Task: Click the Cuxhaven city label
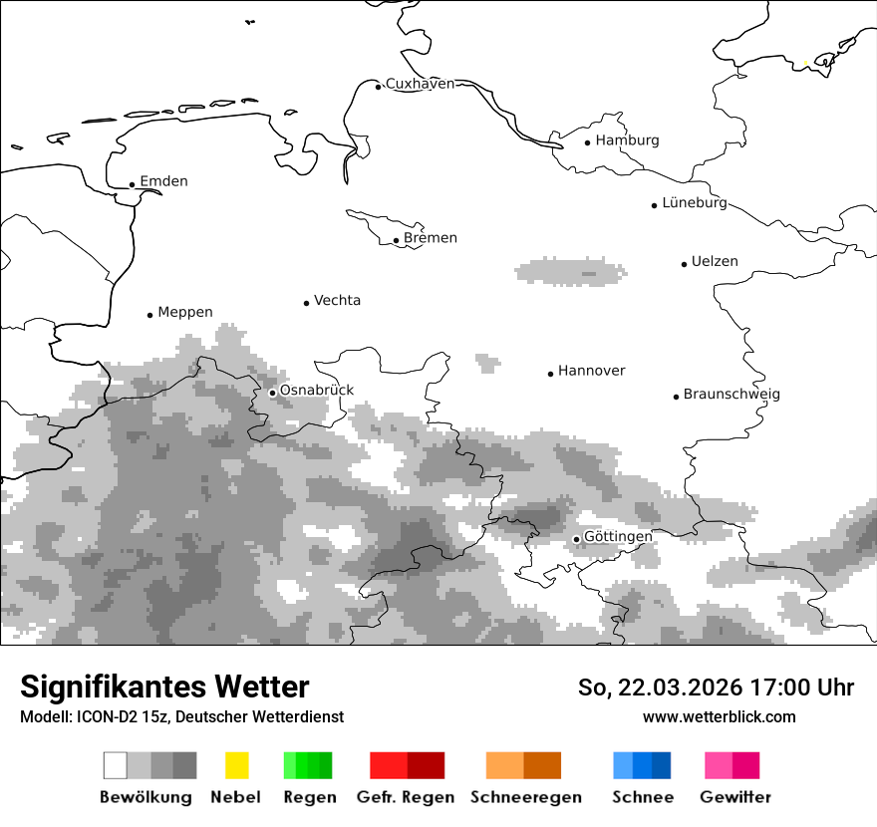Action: pos(420,84)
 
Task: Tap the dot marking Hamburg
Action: pos(588,142)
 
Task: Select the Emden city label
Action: pos(163,181)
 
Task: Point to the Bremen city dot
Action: pos(396,240)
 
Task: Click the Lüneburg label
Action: pos(695,202)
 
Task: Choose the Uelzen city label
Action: pos(715,262)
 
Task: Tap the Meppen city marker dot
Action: pos(150,315)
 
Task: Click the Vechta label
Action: pos(337,300)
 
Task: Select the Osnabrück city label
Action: pos(316,391)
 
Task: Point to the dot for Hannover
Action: pos(550,374)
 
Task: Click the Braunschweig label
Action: pos(731,394)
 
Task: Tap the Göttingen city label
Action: pos(618,536)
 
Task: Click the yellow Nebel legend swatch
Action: pos(236,765)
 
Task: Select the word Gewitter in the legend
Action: pos(734,797)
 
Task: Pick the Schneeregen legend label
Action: pos(525,797)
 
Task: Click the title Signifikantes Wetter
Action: pos(164,687)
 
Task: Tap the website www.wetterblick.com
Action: pos(719,716)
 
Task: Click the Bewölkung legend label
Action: pos(146,797)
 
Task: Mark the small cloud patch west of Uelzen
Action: pos(572,271)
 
